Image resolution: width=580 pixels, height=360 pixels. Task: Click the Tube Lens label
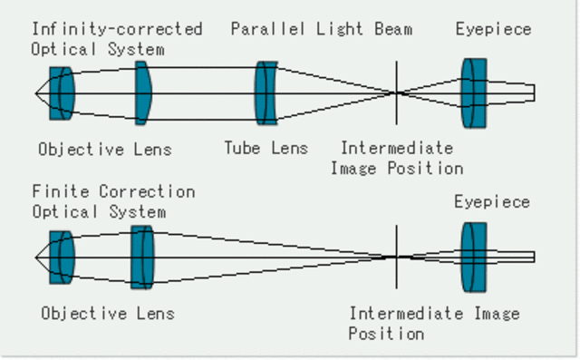pos(266,148)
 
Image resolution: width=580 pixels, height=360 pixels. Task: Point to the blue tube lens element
pos(266,92)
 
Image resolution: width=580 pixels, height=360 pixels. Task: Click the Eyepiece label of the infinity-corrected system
pos(493,29)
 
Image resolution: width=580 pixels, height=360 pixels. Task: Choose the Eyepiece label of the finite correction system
pos(492,201)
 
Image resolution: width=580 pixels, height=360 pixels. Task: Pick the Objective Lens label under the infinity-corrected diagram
pos(105,149)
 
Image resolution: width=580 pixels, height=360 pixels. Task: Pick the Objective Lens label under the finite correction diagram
pos(107,313)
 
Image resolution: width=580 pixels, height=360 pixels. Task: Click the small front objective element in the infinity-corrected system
pos(61,92)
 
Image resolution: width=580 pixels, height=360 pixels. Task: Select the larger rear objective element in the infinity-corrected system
pos(142,92)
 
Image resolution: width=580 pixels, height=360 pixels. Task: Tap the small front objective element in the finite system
pos(61,258)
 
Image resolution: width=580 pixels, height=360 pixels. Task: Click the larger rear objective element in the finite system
pos(142,258)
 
